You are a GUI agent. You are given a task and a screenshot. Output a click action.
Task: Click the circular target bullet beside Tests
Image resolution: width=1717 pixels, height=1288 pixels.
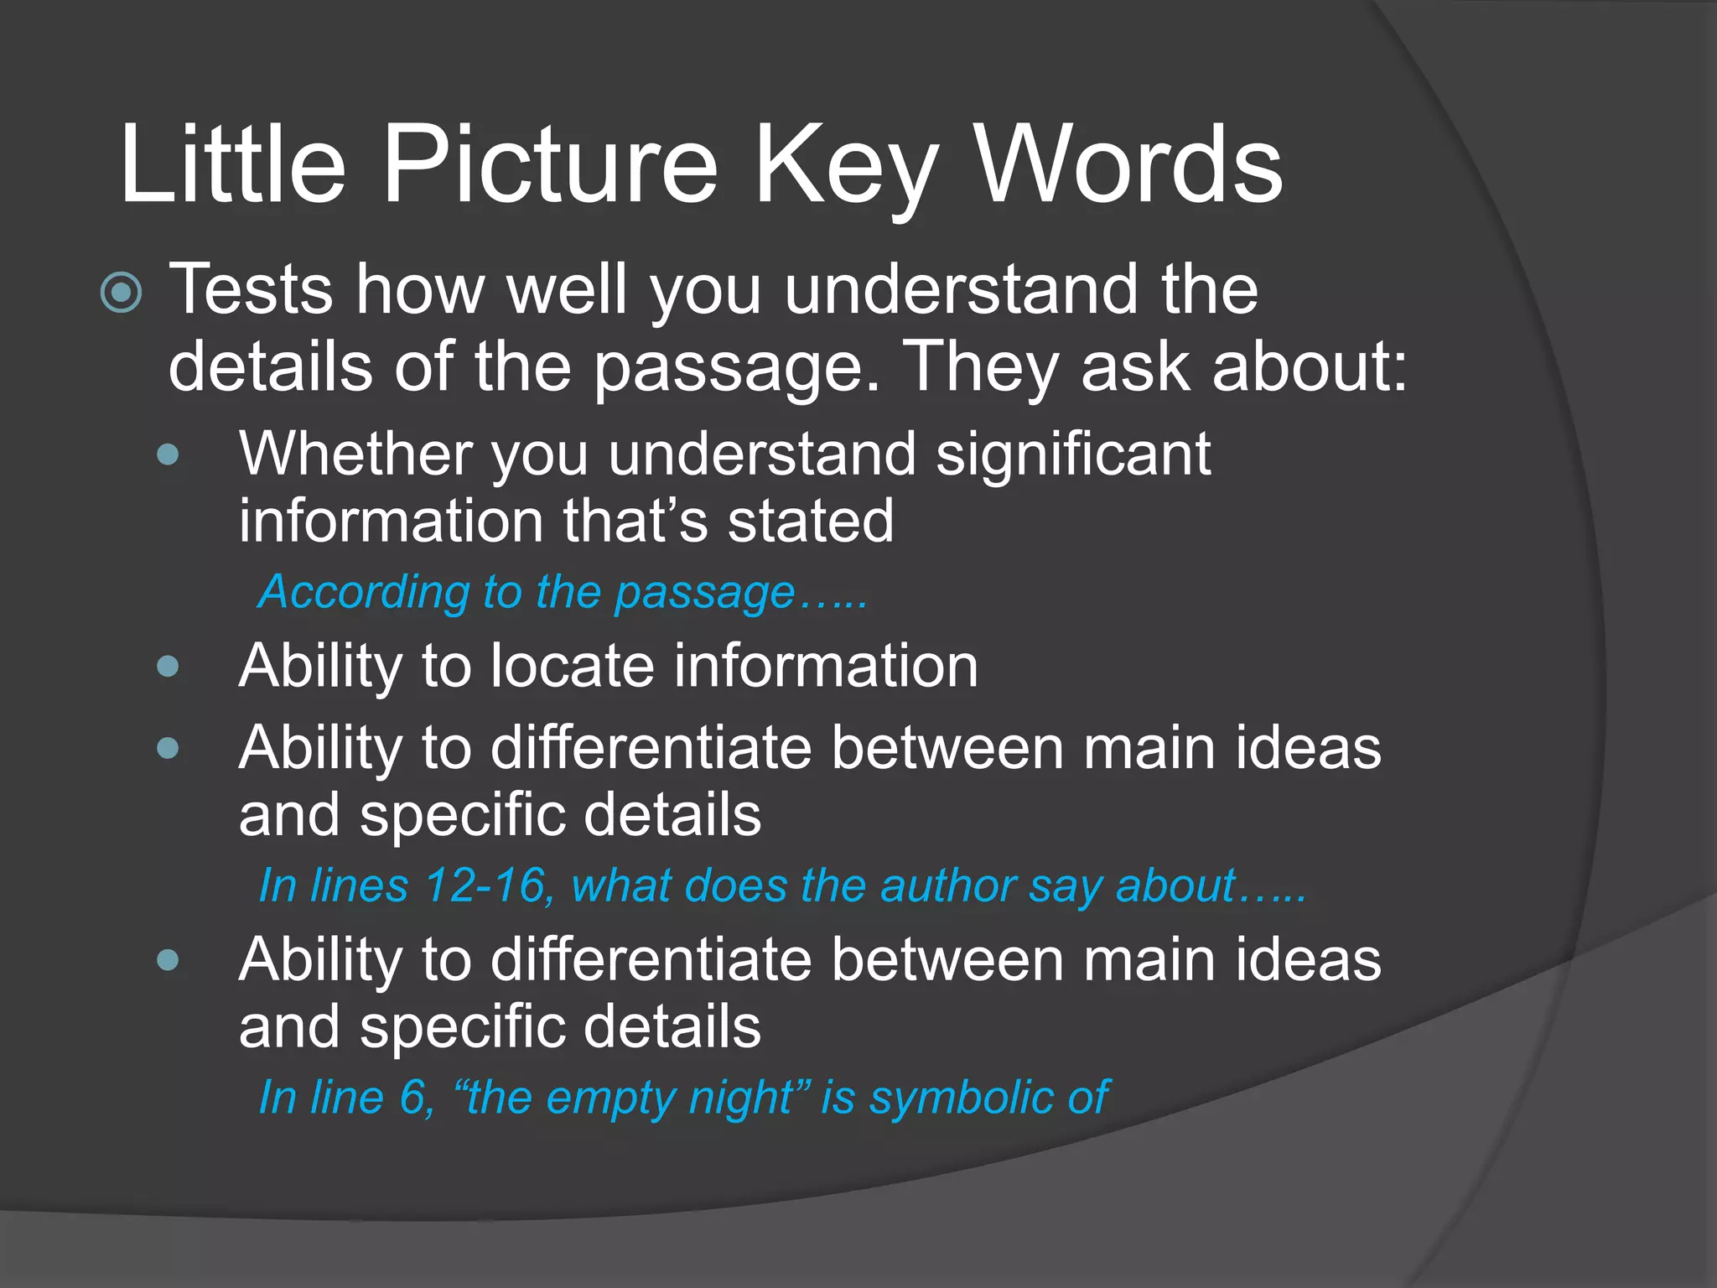click(122, 293)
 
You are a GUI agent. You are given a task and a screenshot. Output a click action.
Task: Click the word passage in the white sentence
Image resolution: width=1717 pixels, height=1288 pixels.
click(738, 369)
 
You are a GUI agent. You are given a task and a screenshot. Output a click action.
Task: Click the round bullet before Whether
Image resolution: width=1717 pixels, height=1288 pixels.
click(168, 455)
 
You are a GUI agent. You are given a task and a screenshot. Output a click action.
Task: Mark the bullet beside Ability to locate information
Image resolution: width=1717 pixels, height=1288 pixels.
click(168, 667)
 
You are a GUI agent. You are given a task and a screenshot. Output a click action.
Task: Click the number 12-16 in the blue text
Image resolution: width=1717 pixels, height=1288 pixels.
click(487, 885)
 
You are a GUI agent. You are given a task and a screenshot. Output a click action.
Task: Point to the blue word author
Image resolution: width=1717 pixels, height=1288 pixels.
click(947, 885)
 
